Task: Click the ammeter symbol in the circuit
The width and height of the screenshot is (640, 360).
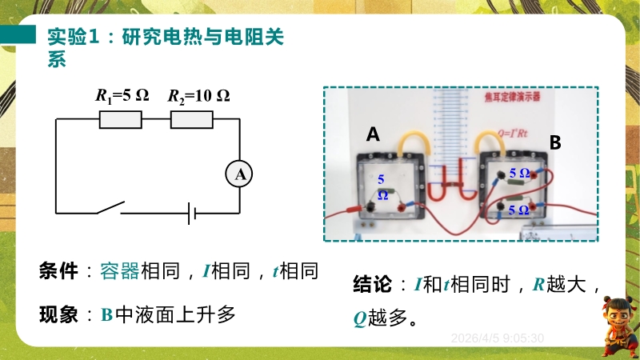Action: tap(238, 174)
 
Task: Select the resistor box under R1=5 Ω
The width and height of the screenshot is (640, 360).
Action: tap(120, 119)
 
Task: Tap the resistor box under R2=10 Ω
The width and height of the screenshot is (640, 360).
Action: tap(192, 119)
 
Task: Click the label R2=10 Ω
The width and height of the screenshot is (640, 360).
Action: tap(198, 96)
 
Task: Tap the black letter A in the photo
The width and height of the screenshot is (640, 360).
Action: tap(374, 134)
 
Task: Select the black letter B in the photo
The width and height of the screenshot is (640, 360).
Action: tap(555, 143)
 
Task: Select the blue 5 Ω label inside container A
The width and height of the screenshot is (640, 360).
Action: tap(382, 186)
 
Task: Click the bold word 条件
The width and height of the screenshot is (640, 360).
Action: tap(58, 270)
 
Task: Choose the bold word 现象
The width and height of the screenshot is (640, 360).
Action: tap(58, 314)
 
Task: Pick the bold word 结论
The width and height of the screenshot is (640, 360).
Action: tap(372, 284)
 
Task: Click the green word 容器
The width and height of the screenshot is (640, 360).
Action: tap(120, 270)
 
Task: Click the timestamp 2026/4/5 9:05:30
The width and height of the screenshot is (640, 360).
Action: tap(498, 338)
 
